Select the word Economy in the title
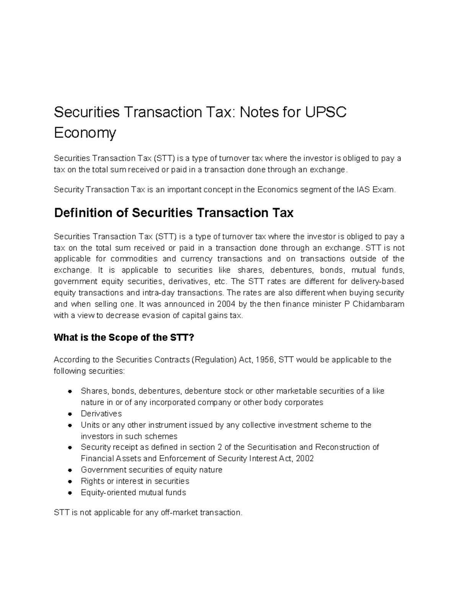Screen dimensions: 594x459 pyautogui.click(x=85, y=133)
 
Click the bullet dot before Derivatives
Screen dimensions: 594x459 pyautogui.click(x=70, y=414)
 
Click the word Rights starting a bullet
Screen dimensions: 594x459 pyautogui.click(x=92, y=481)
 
